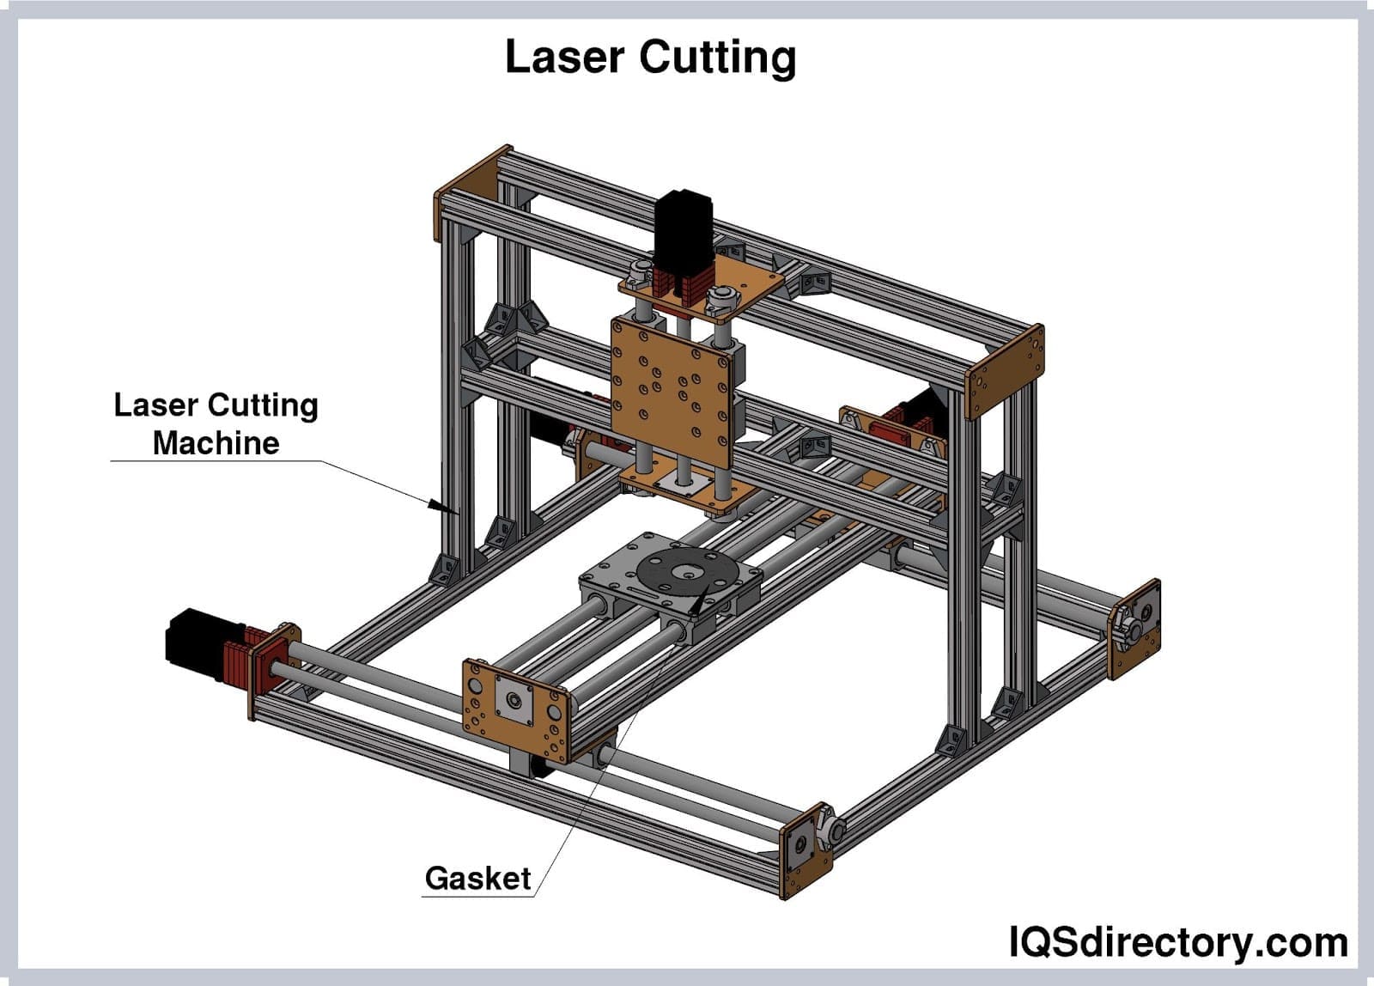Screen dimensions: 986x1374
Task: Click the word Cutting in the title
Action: [x=717, y=58]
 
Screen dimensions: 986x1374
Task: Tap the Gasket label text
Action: [x=477, y=878]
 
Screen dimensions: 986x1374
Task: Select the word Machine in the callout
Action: [x=216, y=443]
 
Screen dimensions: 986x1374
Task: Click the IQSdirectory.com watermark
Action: [x=1177, y=943]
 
